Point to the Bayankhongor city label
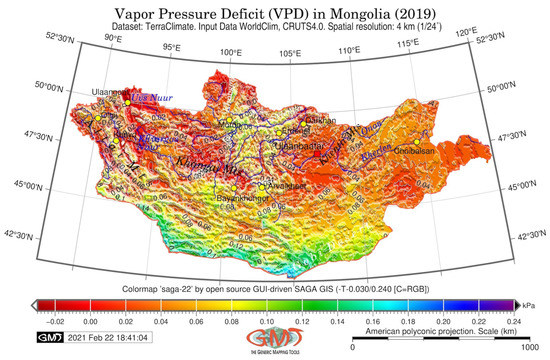240,200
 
